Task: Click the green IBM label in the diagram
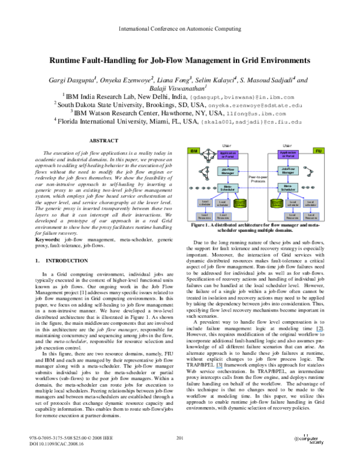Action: coord(193,151)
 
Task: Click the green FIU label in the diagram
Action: coord(318,151)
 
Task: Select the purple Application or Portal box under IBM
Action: coord(227,155)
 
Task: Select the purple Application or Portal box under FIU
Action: coord(288,154)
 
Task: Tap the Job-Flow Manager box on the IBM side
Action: coord(227,171)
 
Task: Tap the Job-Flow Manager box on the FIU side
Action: coord(288,171)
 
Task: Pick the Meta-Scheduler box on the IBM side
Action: coord(227,188)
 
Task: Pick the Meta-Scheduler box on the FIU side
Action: coord(288,187)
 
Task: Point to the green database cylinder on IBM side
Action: coord(240,203)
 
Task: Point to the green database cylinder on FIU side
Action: coord(276,203)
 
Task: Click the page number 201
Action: coord(179,438)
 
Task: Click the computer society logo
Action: coord(308,440)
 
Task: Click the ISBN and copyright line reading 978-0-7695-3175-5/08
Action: coord(71,438)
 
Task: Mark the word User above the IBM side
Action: coord(227,145)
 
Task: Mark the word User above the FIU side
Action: coord(287,145)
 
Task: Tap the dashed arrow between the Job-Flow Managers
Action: coord(257,171)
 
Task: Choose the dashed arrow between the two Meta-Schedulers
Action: coord(257,188)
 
